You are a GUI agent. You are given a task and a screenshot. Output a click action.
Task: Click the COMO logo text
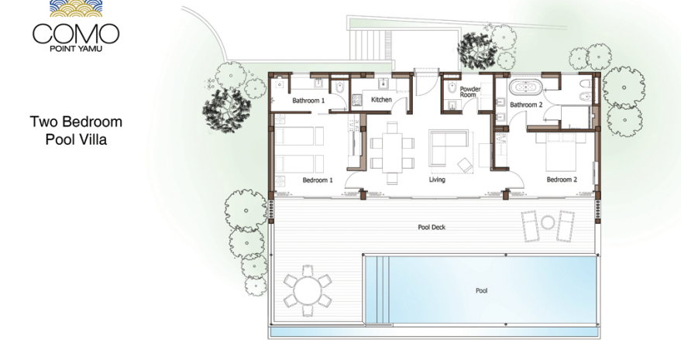pyautogui.click(x=76, y=33)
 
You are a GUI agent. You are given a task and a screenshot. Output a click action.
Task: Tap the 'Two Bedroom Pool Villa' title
pyautogui.click(x=76, y=130)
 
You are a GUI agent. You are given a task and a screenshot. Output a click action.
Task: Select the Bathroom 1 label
pyautogui.click(x=308, y=101)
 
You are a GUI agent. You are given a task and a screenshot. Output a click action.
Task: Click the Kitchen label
pyautogui.click(x=381, y=99)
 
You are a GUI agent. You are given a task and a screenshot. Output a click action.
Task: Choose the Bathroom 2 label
pyautogui.click(x=526, y=105)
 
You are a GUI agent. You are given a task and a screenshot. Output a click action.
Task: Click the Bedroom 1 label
pyautogui.click(x=318, y=180)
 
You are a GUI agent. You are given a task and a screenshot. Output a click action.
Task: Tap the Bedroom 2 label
pyautogui.click(x=562, y=180)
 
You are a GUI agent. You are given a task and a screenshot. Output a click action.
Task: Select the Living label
pyautogui.click(x=437, y=180)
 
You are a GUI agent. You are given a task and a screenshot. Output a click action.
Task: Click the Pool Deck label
pyautogui.click(x=432, y=227)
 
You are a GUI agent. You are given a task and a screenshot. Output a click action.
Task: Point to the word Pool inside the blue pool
pyautogui.click(x=482, y=290)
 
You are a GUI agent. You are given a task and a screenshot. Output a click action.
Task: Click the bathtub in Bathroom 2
pyautogui.click(x=525, y=87)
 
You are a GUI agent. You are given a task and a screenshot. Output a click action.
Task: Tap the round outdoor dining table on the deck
pyautogui.click(x=308, y=290)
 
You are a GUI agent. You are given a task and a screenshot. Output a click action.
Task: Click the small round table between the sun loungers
pyautogui.click(x=548, y=222)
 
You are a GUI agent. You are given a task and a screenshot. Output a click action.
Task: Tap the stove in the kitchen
pyautogui.click(x=356, y=101)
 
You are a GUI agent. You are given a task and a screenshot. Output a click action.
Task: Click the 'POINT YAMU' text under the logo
pyautogui.click(x=76, y=49)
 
